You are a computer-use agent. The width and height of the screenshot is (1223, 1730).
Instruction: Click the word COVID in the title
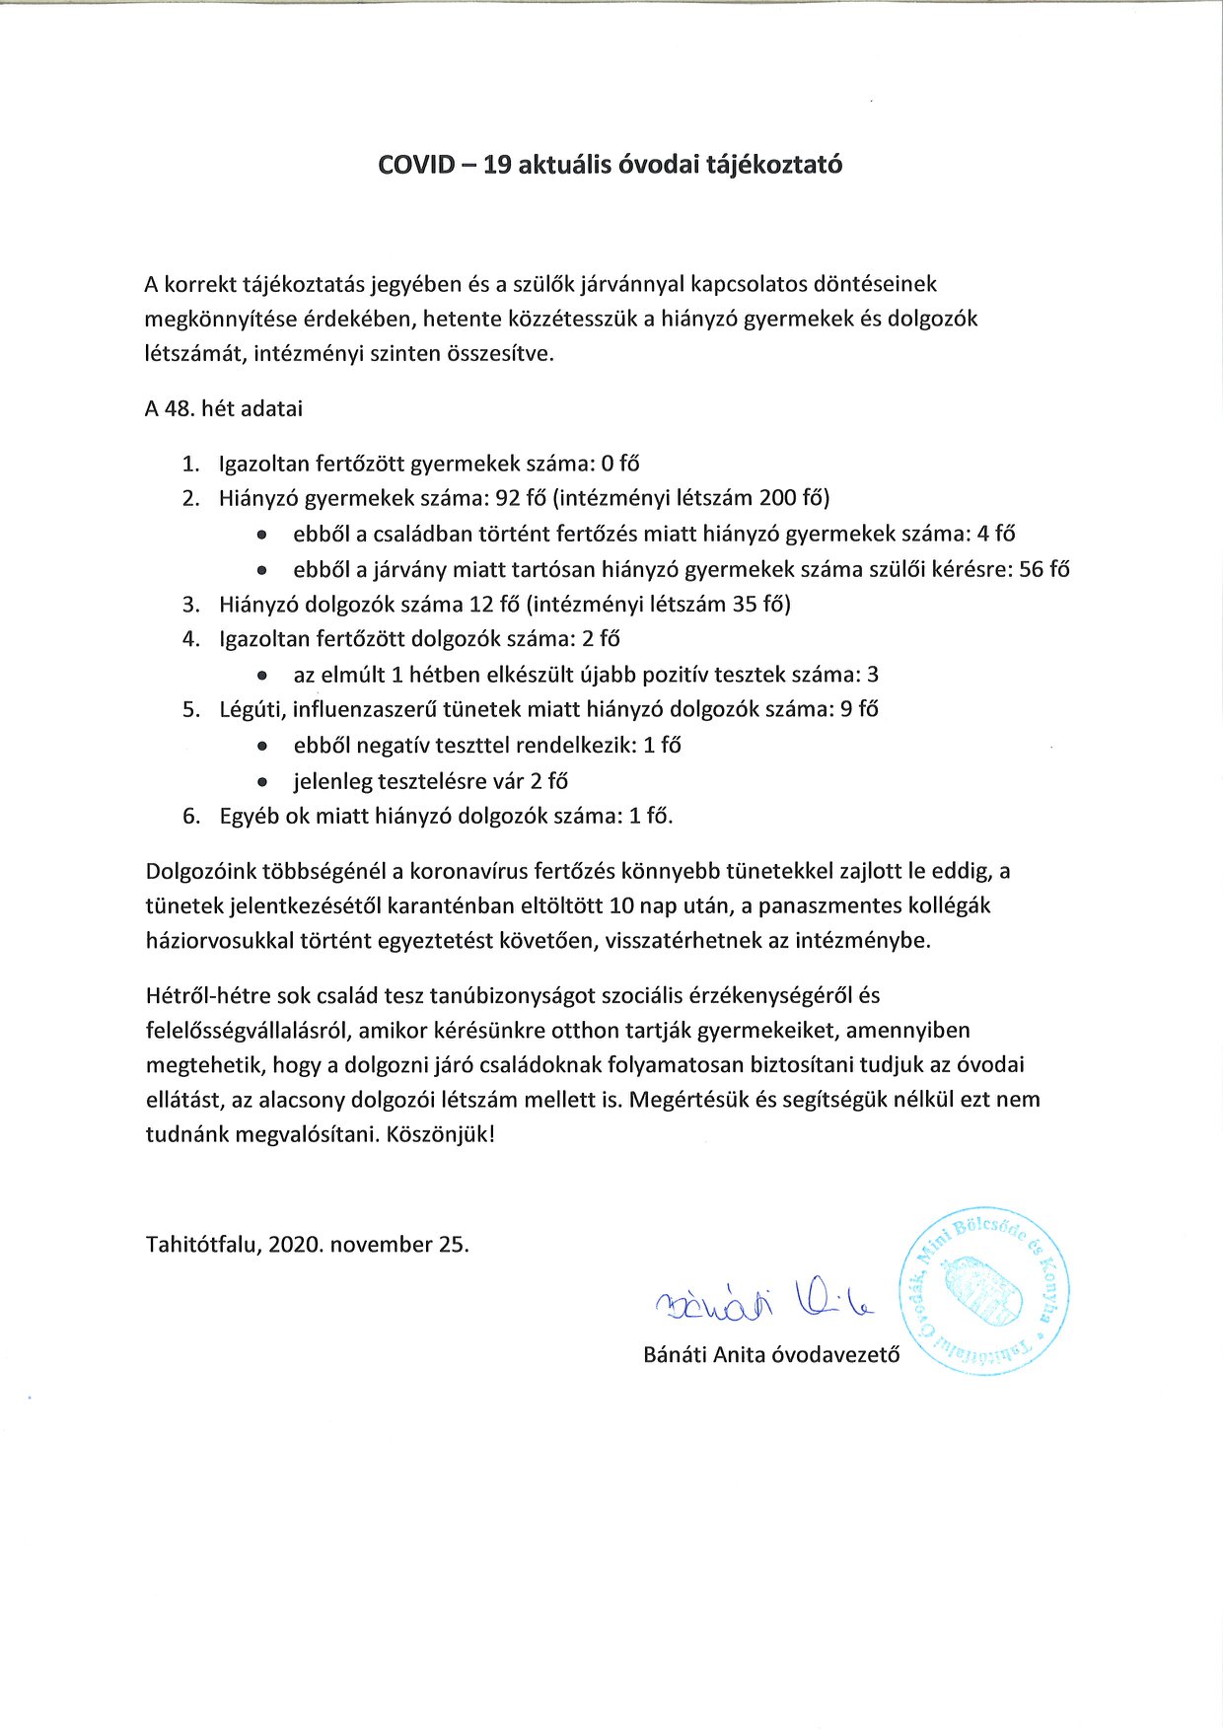coord(413,165)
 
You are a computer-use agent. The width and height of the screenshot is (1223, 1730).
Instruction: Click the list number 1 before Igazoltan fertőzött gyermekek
coord(189,464)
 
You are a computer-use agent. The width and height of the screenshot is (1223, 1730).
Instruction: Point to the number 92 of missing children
coord(509,498)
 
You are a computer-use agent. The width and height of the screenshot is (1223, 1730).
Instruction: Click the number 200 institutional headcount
coord(778,498)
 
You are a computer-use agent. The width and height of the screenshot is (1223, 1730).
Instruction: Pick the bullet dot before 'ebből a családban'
coord(261,535)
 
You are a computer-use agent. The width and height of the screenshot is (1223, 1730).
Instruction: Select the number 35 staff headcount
coord(745,604)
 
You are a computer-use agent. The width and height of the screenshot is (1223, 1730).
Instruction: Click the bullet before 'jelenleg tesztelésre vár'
coord(261,782)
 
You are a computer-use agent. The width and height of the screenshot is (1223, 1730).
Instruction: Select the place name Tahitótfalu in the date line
coord(202,1244)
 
